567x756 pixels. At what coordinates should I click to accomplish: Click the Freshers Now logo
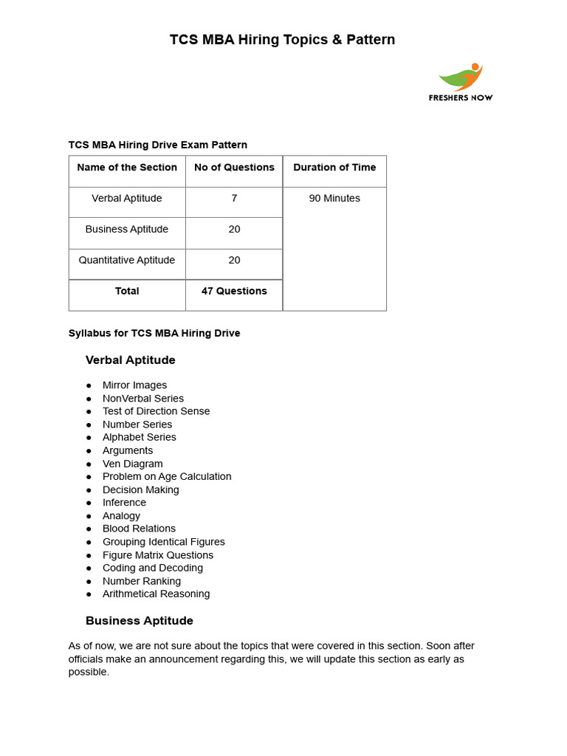click(461, 82)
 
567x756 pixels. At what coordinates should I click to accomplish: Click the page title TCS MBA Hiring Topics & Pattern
click(283, 40)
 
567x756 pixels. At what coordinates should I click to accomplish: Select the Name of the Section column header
click(127, 168)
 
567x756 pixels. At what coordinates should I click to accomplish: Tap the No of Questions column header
click(234, 168)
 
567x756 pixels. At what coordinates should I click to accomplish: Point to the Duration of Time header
click(334, 168)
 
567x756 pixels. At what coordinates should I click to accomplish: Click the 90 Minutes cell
click(334, 199)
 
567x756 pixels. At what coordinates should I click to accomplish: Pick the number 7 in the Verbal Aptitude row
click(234, 199)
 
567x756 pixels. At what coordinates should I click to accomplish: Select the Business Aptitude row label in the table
click(127, 230)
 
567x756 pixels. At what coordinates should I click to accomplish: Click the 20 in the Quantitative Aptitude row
click(234, 261)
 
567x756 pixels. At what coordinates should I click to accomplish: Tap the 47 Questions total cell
click(234, 292)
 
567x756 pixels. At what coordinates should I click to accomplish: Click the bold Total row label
click(127, 292)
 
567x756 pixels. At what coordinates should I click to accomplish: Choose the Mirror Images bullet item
click(134, 385)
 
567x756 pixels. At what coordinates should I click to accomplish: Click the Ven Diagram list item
click(133, 464)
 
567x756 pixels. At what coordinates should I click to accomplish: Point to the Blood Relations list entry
click(139, 529)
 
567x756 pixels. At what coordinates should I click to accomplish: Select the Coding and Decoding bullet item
click(153, 568)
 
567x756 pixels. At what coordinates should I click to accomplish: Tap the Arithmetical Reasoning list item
click(156, 594)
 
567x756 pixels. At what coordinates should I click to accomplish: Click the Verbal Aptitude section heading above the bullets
click(131, 360)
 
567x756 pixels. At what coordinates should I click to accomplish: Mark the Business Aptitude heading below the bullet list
click(140, 621)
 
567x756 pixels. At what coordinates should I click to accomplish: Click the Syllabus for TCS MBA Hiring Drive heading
click(154, 334)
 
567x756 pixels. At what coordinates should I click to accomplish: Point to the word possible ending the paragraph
click(89, 673)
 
